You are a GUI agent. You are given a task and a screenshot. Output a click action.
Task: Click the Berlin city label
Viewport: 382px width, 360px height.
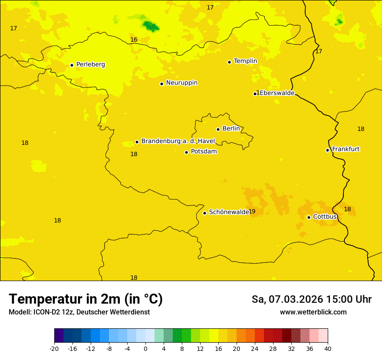pyautogui.click(x=231, y=129)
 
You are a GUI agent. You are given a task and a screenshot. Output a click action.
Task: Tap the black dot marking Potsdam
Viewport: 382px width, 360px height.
pyautogui.click(x=187, y=152)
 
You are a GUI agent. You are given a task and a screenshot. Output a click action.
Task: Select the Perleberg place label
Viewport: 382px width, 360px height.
pyautogui.click(x=90, y=65)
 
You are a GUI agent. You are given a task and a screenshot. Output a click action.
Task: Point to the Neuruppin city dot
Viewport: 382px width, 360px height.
pyautogui.click(x=161, y=84)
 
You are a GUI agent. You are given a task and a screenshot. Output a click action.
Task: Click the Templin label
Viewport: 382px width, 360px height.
pyautogui.click(x=245, y=61)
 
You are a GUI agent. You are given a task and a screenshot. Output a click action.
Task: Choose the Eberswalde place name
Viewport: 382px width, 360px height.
pyautogui.click(x=277, y=93)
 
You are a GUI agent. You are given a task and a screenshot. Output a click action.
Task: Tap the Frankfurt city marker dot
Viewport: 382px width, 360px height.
pyautogui.click(x=328, y=150)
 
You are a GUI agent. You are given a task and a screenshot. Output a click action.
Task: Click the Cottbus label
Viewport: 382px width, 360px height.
pyautogui.click(x=325, y=216)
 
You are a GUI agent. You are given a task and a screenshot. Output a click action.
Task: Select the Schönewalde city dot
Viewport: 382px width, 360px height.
pyautogui.click(x=204, y=213)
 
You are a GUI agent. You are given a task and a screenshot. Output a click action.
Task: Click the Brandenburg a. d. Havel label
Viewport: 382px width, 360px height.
pyautogui.click(x=178, y=141)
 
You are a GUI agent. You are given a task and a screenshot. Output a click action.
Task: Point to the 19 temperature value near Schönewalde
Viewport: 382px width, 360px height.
pyautogui.click(x=252, y=212)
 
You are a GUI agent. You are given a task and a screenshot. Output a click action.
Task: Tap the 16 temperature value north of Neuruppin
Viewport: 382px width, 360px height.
pyautogui.click(x=134, y=40)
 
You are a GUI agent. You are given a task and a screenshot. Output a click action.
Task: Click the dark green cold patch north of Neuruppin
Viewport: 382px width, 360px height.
pyautogui.click(x=151, y=26)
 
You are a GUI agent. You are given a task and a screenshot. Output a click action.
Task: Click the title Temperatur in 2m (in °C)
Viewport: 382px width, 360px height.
pyautogui.click(x=86, y=299)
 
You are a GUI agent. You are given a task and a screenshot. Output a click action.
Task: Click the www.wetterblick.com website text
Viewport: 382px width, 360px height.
pyautogui.click(x=313, y=312)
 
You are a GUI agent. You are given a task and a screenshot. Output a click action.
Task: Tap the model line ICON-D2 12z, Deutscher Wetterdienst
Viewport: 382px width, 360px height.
pyautogui.click(x=79, y=312)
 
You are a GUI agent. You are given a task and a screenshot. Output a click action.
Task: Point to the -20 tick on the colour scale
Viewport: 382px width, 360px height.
pyautogui.click(x=54, y=349)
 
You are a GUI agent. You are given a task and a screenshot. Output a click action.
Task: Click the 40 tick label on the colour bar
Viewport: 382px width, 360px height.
pyautogui.click(x=328, y=349)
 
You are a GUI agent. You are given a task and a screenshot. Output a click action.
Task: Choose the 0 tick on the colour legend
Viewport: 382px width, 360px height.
pyautogui.click(x=145, y=349)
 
